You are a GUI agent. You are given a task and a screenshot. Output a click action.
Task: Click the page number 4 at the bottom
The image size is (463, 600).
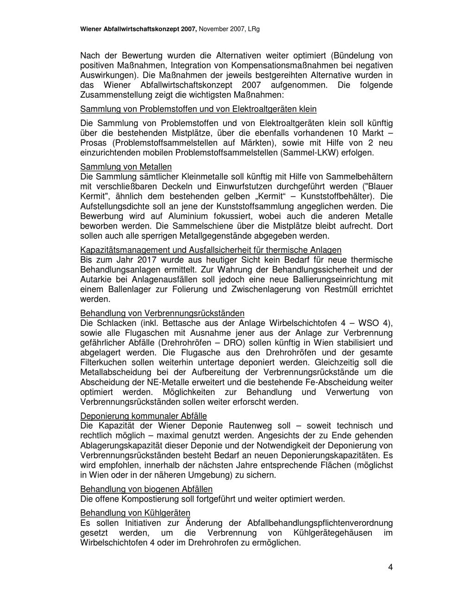(390, 567)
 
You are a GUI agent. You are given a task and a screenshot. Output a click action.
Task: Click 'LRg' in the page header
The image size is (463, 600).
(253, 29)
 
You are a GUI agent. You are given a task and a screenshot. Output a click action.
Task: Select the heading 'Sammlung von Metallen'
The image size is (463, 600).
(126, 166)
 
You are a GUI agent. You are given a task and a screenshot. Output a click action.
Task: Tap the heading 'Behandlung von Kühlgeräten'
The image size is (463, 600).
(135, 513)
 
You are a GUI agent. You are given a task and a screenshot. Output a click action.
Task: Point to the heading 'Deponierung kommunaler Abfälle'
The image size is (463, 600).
(144, 416)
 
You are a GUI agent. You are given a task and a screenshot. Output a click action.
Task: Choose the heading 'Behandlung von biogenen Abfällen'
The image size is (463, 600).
(146, 489)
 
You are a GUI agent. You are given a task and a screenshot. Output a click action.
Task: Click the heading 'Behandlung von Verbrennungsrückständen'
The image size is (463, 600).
(162, 313)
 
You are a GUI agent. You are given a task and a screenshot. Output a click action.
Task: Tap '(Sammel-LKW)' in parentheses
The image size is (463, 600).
(316, 153)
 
